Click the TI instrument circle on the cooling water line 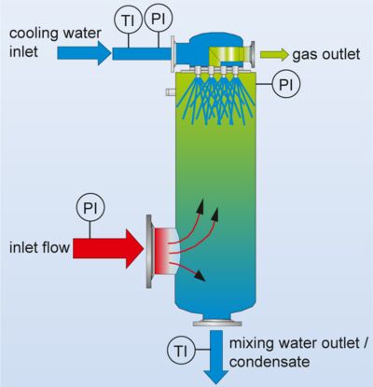pos(128,18)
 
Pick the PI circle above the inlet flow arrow pos(89,207)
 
